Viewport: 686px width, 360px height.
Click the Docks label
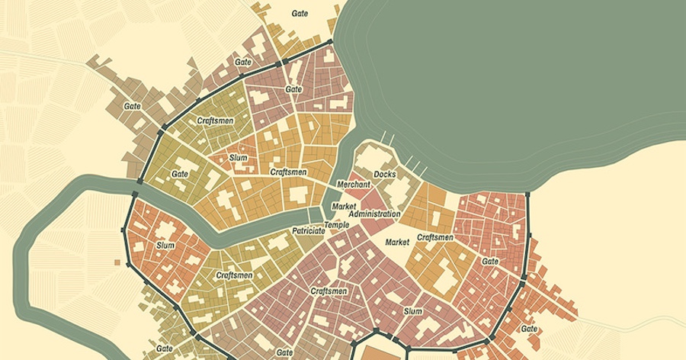coord(384,174)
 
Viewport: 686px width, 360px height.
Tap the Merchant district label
coord(354,185)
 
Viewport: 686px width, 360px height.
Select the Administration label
coord(374,214)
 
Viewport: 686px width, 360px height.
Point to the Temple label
coord(336,225)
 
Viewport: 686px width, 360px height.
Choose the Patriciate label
coord(309,230)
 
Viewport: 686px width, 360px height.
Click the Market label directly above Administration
coord(345,206)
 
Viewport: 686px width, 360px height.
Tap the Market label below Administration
coord(397,242)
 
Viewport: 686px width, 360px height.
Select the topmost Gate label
coord(300,13)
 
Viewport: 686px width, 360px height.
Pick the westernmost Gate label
coord(133,106)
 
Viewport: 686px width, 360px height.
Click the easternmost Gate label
coord(528,329)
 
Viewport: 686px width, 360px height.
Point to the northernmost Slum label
coord(238,158)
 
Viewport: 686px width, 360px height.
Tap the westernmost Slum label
coord(165,246)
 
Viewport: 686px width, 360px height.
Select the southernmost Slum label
coord(412,311)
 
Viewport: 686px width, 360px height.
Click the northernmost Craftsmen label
coord(215,121)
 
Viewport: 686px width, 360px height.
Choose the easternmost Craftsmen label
coord(435,237)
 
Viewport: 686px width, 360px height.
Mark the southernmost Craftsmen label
coord(329,291)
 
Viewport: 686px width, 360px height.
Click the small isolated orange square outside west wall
coord(117,262)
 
